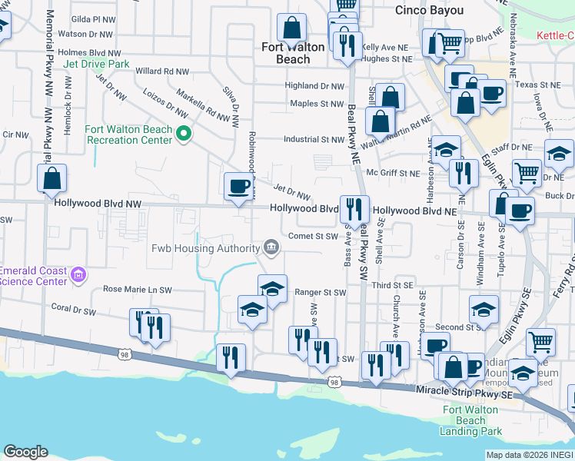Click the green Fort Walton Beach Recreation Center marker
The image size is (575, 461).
click(x=183, y=134)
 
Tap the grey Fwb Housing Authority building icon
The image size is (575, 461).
click(x=271, y=247)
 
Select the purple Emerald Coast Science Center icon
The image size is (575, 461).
click(x=78, y=275)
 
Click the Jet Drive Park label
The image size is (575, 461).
click(x=97, y=65)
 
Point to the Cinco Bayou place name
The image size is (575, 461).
click(x=429, y=10)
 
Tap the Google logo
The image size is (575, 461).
click(x=25, y=452)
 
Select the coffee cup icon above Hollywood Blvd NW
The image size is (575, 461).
click(x=238, y=186)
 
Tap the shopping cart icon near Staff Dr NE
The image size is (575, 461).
click(x=527, y=173)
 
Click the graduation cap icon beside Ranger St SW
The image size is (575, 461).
click(x=272, y=290)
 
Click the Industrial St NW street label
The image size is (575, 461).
click(x=313, y=140)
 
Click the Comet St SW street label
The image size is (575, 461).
click(x=314, y=237)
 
